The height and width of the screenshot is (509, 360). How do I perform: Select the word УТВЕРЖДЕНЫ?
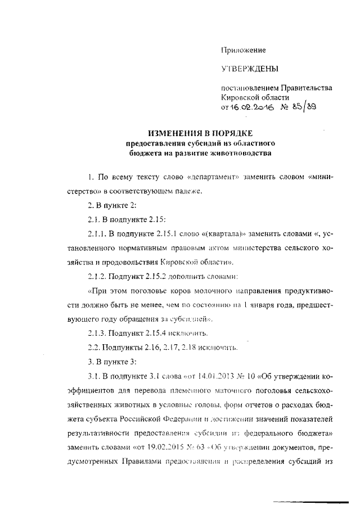249,69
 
